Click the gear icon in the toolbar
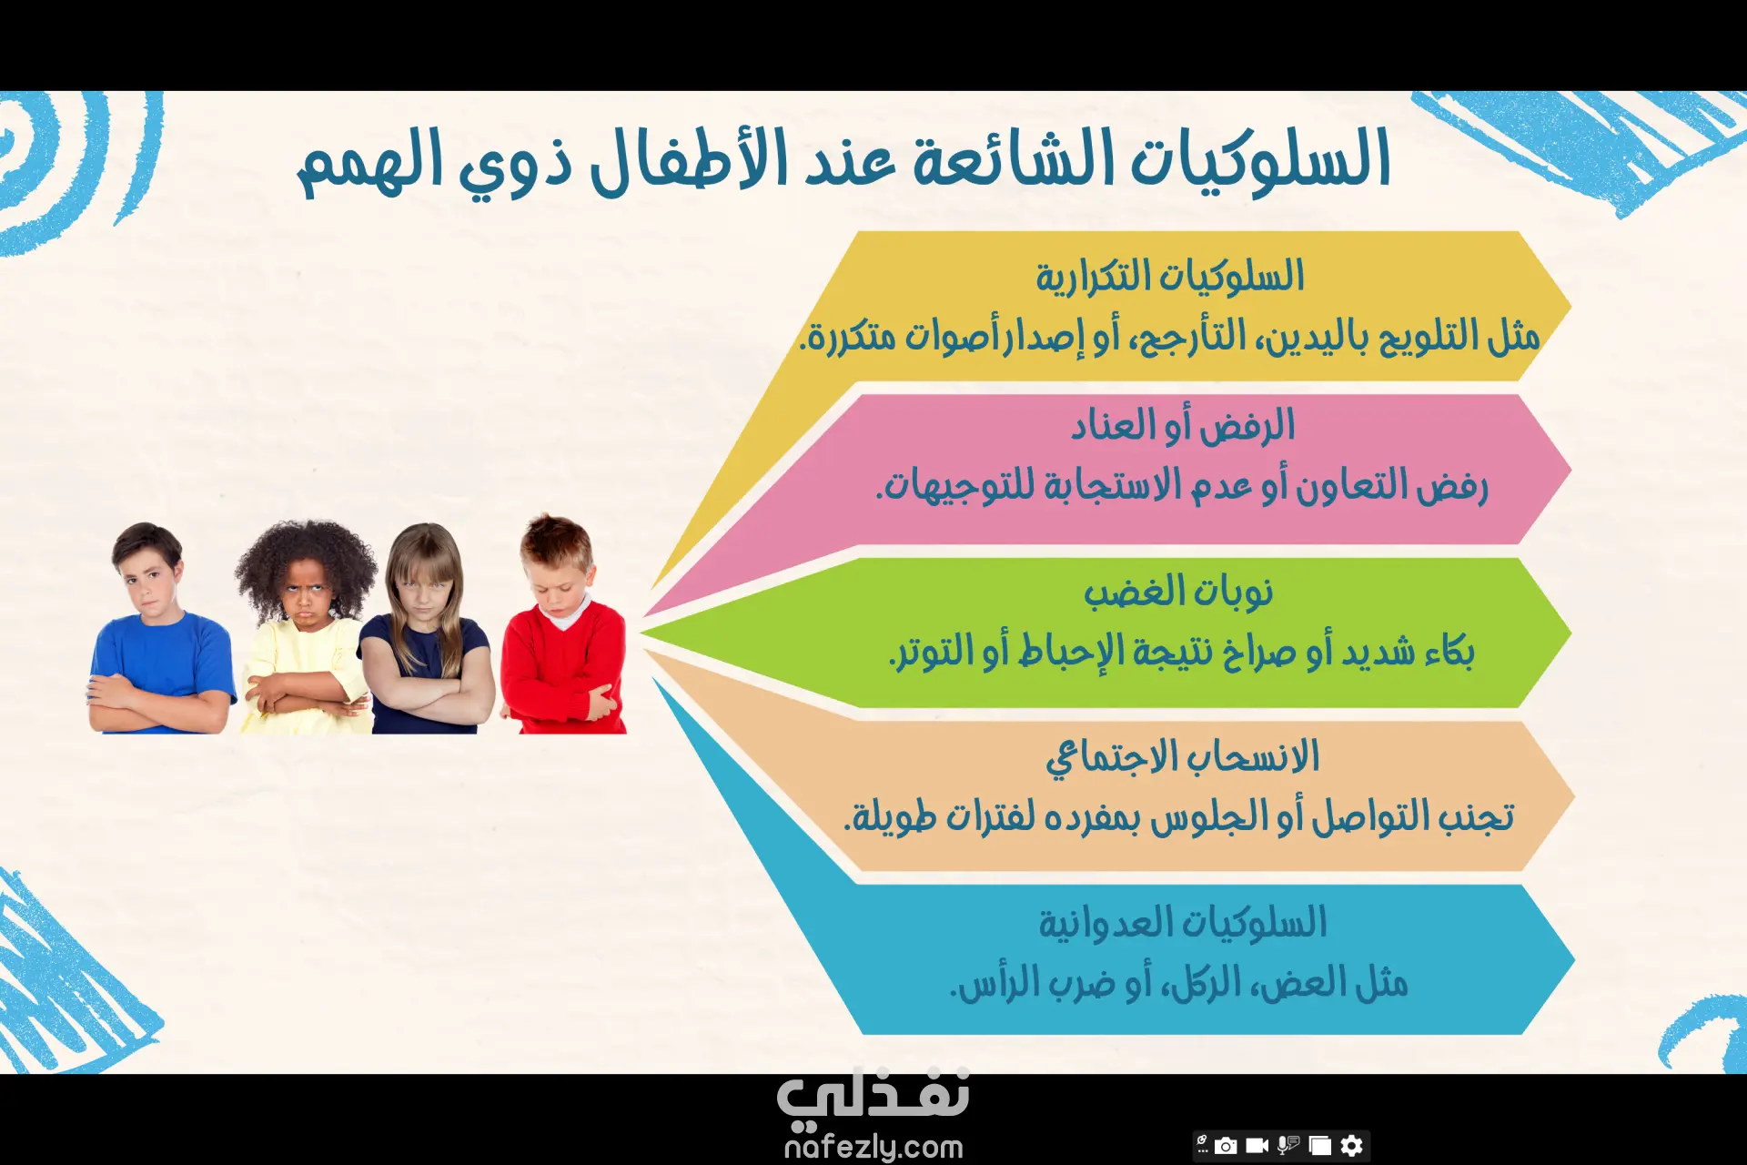[1352, 1145]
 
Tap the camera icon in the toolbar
[1227, 1145]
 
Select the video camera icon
[1257, 1145]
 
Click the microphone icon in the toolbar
[1288, 1145]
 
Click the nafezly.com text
[873, 1147]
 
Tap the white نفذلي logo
[873, 1094]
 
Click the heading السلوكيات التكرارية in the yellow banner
[1170, 276]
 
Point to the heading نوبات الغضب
[1178, 592]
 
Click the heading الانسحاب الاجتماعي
[1182, 757]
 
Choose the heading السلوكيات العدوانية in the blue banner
[1183, 922]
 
